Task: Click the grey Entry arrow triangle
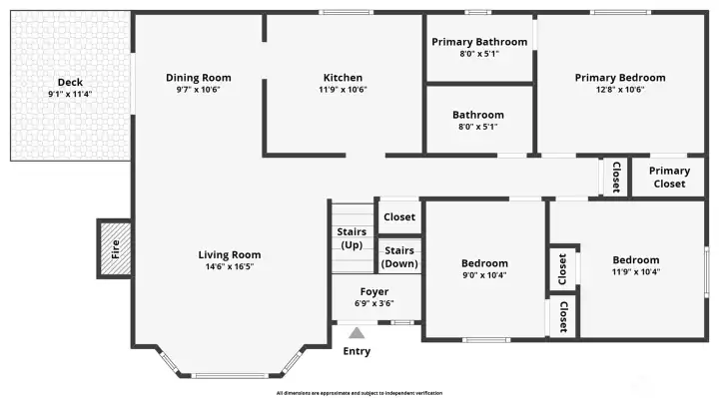[x=357, y=333]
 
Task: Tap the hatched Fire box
[x=115, y=248]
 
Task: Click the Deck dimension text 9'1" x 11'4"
[x=70, y=94]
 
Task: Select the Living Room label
[x=230, y=254]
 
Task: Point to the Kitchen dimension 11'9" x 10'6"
[x=343, y=90]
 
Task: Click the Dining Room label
[x=199, y=78]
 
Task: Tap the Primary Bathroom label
[x=479, y=42]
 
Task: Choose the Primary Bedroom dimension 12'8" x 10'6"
[x=620, y=90]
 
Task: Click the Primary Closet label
[x=669, y=178]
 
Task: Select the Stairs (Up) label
[x=352, y=238]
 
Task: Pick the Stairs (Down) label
[x=399, y=257]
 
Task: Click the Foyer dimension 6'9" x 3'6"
[x=374, y=303]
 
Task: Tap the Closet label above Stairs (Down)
[x=399, y=216]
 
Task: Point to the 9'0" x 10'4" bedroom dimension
[x=484, y=274]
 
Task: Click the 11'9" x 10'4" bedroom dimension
[x=636, y=271]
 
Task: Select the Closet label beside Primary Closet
[x=616, y=178]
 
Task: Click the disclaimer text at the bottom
[x=359, y=393]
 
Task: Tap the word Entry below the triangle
[x=357, y=351]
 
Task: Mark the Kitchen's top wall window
[x=347, y=12]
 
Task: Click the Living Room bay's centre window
[x=230, y=376]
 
